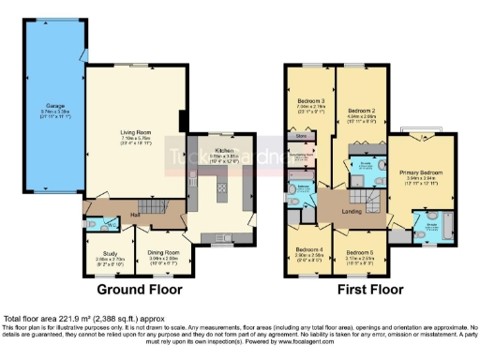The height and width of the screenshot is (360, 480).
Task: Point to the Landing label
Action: point(351,213)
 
